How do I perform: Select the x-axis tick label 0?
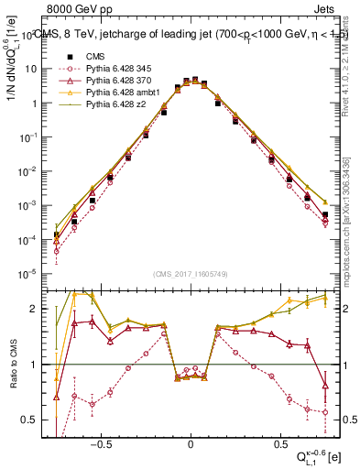point(191,442)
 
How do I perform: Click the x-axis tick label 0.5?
point(278,442)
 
